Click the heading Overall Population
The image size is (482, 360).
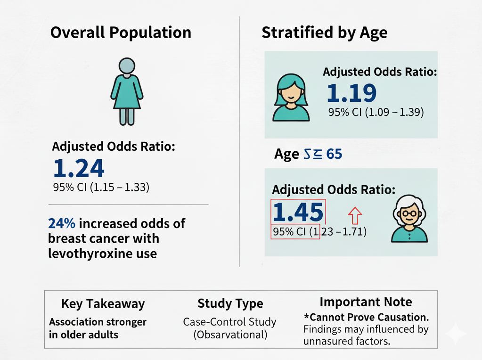(121, 33)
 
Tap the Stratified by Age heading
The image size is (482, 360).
(325, 33)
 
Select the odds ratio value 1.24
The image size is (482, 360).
(79, 169)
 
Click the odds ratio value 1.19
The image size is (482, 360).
(351, 93)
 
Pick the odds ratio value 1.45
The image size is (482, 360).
(298, 213)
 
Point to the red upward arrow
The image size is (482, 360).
(354, 216)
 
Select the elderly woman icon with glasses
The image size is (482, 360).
(410, 220)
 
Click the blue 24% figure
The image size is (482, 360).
(61, 223)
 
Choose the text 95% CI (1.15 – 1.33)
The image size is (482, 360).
(101, 188)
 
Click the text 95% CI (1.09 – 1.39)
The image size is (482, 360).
(376, 113)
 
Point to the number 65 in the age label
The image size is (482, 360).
(334, 154)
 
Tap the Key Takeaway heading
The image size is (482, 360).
(103, 304)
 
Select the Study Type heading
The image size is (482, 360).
(230, 303)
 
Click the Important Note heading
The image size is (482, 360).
(366, 302)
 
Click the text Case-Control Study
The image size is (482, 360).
(229, 322)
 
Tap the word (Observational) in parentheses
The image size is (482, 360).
(229, 335)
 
